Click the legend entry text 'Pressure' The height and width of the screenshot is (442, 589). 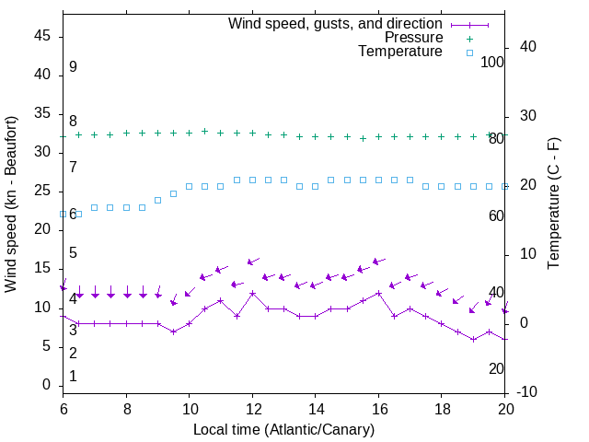pyautogui.click(x=414, y=38)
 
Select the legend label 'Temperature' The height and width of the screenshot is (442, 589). pyautogui.click(x=400, y=52)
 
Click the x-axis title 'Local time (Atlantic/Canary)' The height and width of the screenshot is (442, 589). pyautogui.click(x=283, y=430)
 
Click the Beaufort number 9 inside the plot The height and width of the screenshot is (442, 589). pyautogui.click(x=73, y=67)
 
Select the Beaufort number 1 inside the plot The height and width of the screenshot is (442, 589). pyautogui.click(x=73, y=377)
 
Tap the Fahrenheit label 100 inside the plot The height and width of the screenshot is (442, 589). pyautogui.click(x=493, y=62)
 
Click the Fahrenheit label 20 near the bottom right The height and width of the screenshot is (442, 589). pyautogui.click(x=496, y=368)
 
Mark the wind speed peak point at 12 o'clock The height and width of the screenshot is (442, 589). pyautogui.click(x=252, y=293)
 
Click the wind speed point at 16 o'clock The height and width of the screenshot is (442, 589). pyautogui.click(x=378, y=293)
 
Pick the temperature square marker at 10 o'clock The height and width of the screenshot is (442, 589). pyautogui.click(x=190, y=186)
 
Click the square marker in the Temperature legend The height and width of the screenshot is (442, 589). pyautogui.click(x=468, y=52)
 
